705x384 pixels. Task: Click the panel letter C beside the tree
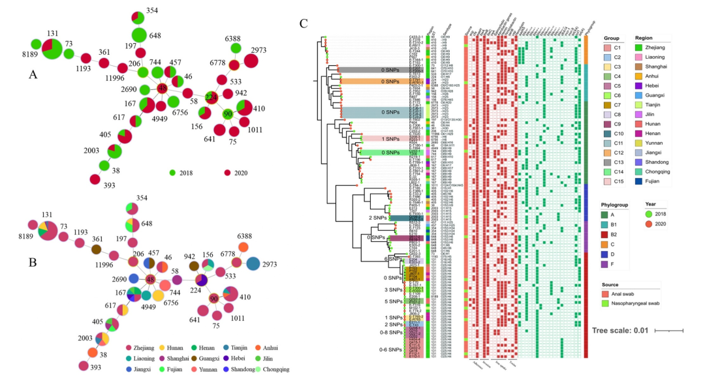(x=304, y=24)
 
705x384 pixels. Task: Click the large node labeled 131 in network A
(x=52, y=48)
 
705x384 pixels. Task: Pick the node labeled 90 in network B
(x=213, y=299)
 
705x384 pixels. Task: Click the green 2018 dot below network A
(x=172, y=173)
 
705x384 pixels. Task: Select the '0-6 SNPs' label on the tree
(x=390, y=351)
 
